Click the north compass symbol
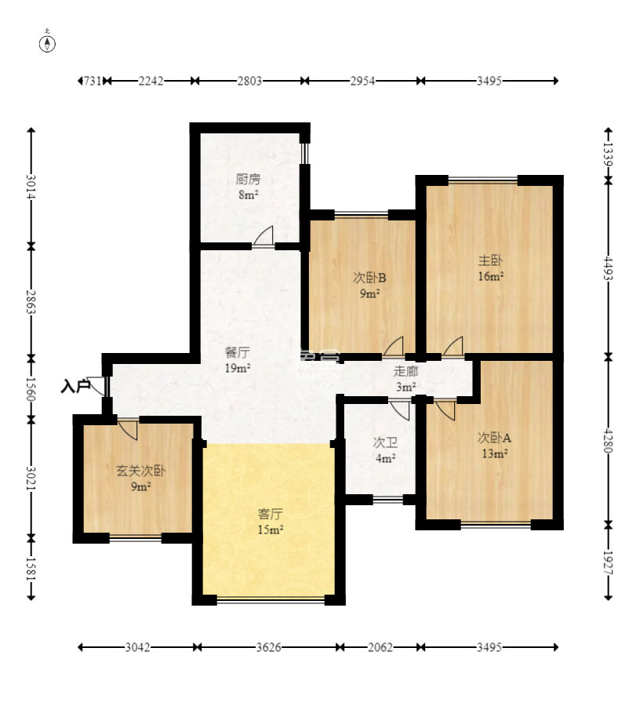tap(47, 42)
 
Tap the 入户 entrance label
tap(75, 386)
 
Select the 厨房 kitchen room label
tap(248, 179)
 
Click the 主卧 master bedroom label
tap(490, 260)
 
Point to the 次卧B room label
tap(369, 278)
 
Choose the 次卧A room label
tap(494, 438)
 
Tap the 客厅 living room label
tap(271, 514)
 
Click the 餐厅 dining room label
tap(237, 352)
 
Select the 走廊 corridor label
tap(405, 371)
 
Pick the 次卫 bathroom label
tap(385, 442)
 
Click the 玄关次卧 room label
tap(140, 471)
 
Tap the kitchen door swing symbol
tap(263, 236)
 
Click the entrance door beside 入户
tap(97, 386)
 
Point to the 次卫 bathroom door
tap(399, 409)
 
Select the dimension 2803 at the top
tap(249, 81)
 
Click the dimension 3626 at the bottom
tap(268, 647)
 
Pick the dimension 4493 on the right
tap(608, 268)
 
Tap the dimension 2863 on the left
tap(31, 302)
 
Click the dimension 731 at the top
tap(93, 81)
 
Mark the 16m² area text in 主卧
tap(491, 276)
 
